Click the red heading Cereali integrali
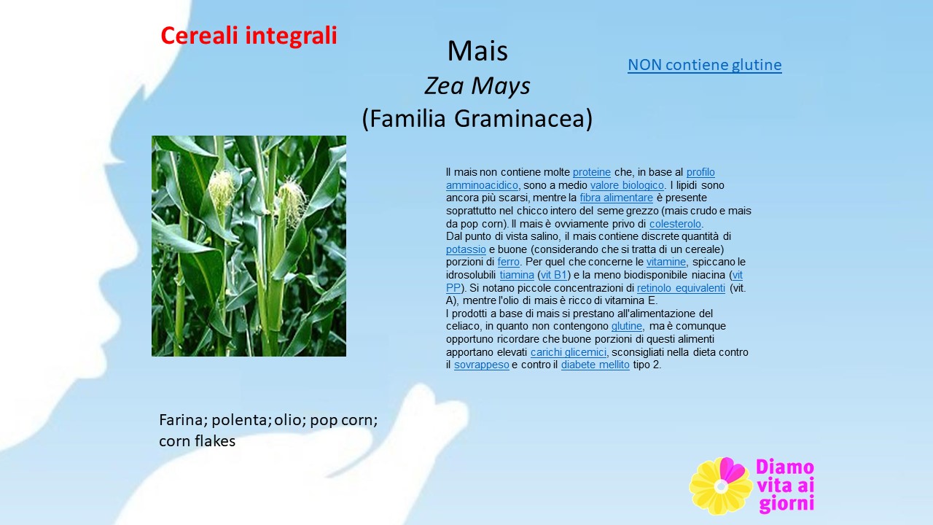(x=249, y=36)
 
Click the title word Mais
(x=477, y=51)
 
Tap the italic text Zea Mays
(x=477, y=86)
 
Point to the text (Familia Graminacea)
(x=477, y=118)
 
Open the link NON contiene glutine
(x=705, y=65)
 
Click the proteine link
(x=591, y=172)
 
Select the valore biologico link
(x=627, y=185)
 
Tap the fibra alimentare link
(x=617, y=198)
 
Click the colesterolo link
(x=675, y=224)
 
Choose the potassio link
(x=466, y=249)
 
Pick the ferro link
(x=509, y=262)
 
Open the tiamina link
(x=517, y=275)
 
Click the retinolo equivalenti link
(x=681, y=288)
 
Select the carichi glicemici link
(x=569, y=352)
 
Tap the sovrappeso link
(x=482, y=365)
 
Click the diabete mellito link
(x=596, y=365)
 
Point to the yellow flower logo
(x=721, y=486)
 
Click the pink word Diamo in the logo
(x=785, y=467)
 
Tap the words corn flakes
(x=197, y=441)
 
